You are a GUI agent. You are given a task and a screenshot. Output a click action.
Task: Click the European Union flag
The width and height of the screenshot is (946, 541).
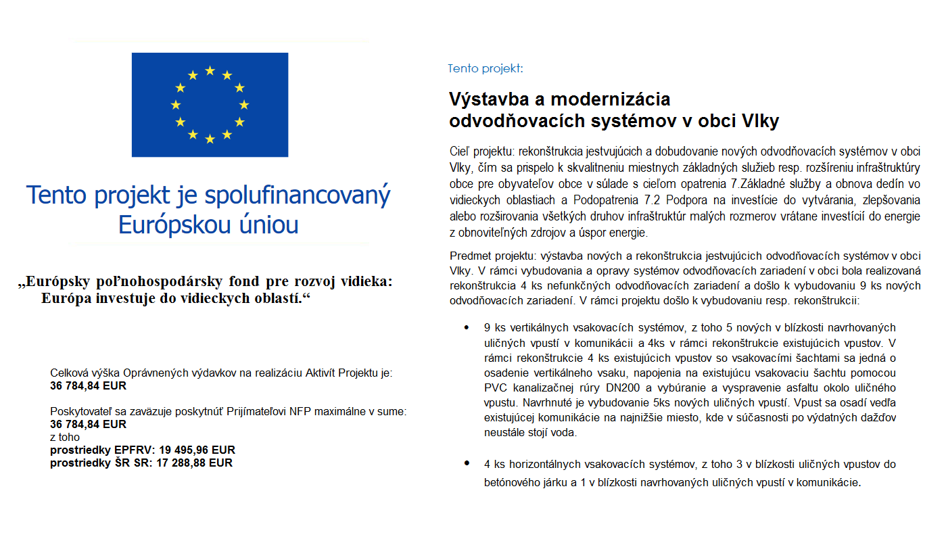coord(210,105)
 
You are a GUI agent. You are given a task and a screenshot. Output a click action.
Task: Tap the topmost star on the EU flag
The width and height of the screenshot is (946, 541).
coord(210,70)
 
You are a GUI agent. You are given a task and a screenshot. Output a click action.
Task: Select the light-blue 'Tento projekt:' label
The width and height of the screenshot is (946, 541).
coord(485,68)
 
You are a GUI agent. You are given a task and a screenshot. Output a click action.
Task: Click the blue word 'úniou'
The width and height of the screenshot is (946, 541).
coord(268,225)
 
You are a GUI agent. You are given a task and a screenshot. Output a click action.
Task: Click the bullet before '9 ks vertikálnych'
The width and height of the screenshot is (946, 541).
coord(466,327)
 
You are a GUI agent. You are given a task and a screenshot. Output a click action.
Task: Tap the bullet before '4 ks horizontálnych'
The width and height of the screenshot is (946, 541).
coord(466,463)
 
